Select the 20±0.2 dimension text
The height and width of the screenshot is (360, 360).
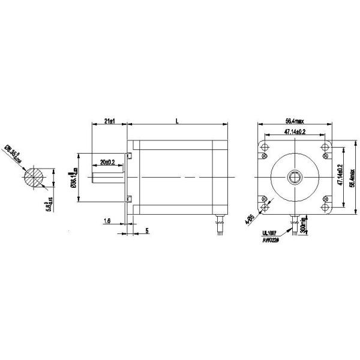tap(109, 163)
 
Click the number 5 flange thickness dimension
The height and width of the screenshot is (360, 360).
tap(146, 230)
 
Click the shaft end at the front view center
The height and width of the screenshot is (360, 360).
tap(294, 176)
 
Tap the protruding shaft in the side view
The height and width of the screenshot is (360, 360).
tap(109, 178)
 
